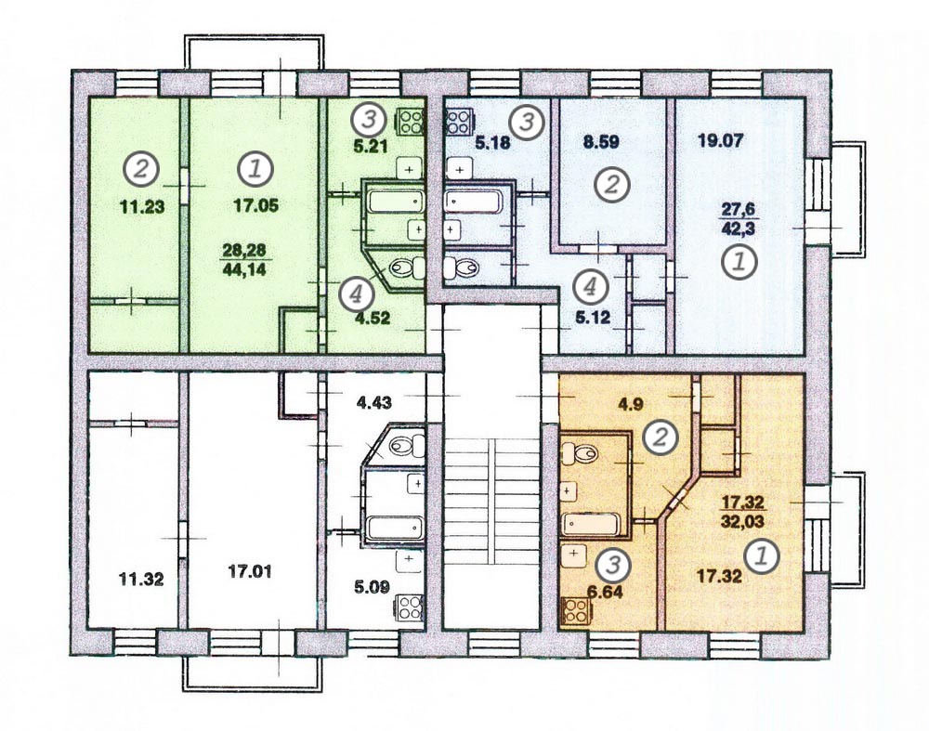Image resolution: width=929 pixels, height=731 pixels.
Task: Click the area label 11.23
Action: (141, 207)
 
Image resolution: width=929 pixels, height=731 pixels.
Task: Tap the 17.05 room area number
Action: (255, 205)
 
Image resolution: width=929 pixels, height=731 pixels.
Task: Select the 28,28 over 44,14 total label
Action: (244, 260)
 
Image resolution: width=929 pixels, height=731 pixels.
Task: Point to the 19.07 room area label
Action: (721, 141)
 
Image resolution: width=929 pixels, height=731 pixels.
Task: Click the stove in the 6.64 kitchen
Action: (575, 611)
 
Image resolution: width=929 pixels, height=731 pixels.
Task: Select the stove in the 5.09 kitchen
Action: (408, 607)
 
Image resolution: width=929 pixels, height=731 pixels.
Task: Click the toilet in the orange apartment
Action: (580, 454)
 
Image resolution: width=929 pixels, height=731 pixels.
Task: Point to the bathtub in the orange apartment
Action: (591, 524)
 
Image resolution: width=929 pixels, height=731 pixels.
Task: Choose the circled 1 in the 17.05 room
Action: (255, 169)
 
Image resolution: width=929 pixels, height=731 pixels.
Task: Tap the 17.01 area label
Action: (251, 572)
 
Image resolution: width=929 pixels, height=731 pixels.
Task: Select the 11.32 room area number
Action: (141, 579)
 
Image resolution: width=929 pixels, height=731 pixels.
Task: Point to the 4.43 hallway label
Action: (373, 403)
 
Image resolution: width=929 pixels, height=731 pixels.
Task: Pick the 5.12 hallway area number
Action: (593, 319)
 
